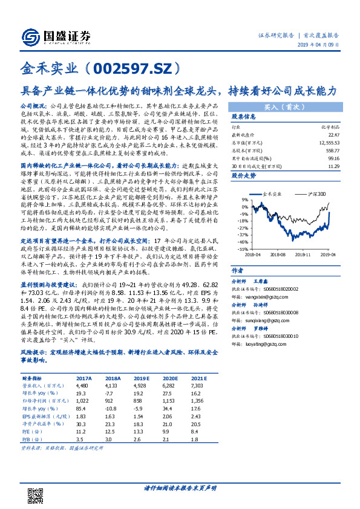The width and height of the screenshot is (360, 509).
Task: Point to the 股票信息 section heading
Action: coord(243,117)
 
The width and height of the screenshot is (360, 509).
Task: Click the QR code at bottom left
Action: coord(37,494)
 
